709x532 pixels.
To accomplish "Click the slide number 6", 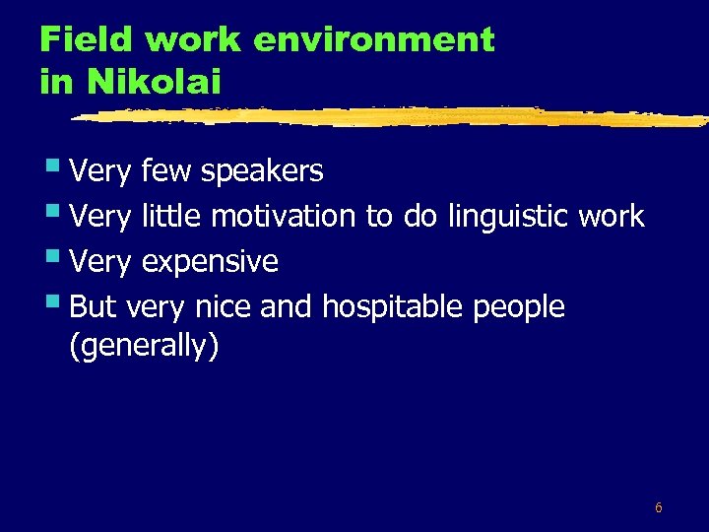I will click(x=658, y=508).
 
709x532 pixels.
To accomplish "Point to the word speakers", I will click(x=261, y=171).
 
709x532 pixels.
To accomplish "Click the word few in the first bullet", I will click(x=166, y=171).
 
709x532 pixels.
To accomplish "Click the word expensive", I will click(x=210, y=262).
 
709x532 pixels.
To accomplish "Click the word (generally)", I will click(x=144, y=347).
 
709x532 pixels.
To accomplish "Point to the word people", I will click(x=519, y=307).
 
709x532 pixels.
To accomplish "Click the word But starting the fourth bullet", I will click(x=94, y=307).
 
